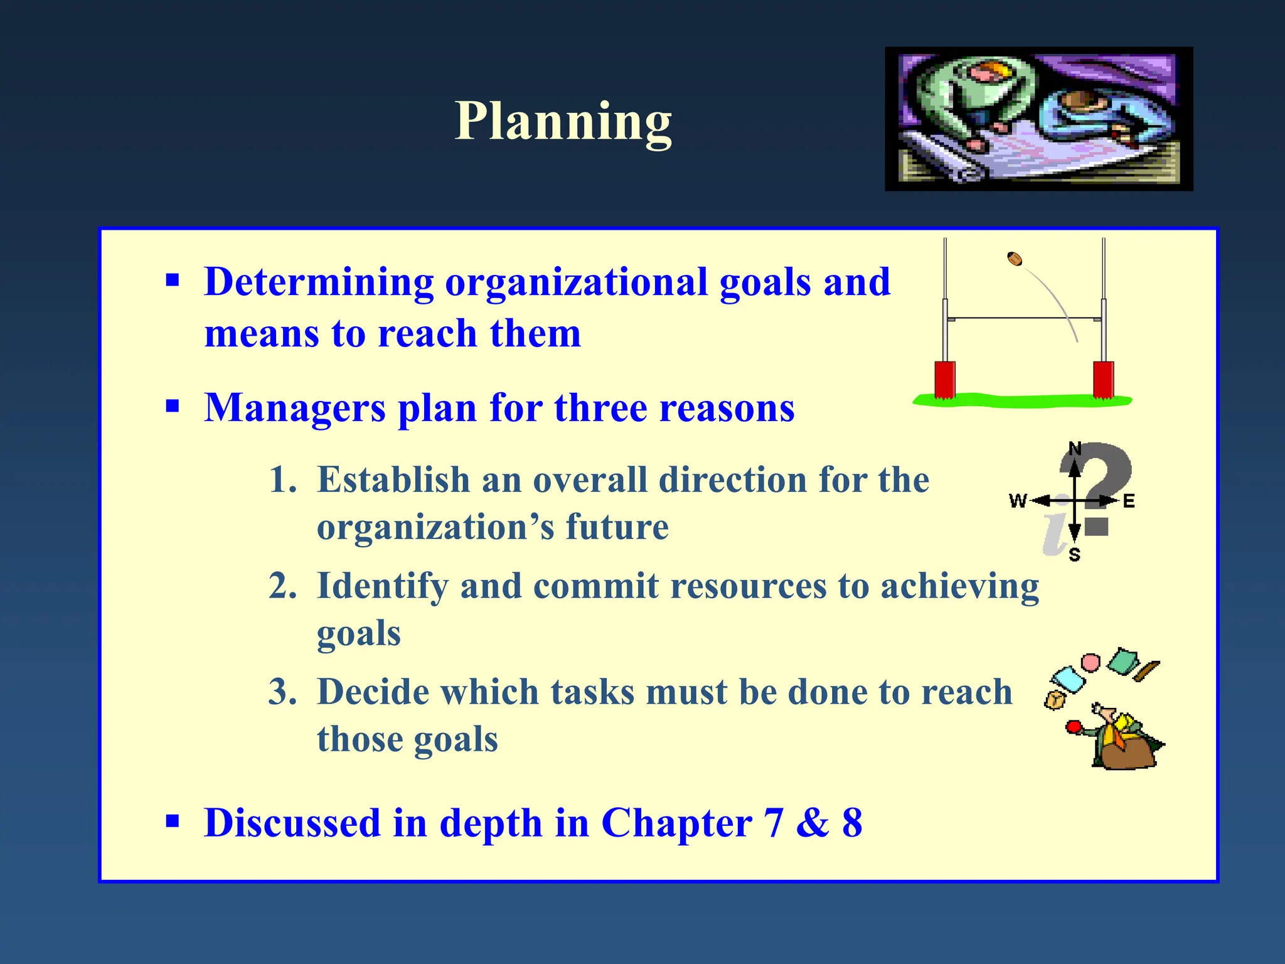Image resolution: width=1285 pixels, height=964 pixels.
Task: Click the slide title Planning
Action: (x=563, y=121)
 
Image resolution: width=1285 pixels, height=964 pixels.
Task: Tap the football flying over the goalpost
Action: (x=1015, y=259)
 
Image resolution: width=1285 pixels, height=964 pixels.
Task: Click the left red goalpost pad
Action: (x=944, y=379)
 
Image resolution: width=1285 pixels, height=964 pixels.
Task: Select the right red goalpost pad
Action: (x=1103, y=379)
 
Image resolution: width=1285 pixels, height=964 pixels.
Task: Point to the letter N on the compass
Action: (x=1075, y=448)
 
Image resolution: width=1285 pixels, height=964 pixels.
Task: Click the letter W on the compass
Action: (x=1018, y=501)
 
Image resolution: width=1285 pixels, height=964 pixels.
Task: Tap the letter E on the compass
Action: (x=1129, y=501)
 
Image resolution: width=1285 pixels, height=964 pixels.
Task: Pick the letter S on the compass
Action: (x=1074, y=555)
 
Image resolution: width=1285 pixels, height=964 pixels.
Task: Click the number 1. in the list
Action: (x=282, y=480)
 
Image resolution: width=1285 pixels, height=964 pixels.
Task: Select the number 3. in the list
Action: (x=282, y=692)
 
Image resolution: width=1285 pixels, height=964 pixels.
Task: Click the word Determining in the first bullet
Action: (x=319, y=282)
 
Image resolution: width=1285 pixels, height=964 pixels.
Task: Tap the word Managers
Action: (x=295, y=408)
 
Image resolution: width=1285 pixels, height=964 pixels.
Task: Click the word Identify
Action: (x=383, y=586)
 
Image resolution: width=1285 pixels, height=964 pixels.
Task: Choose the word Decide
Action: (x=366, y=692)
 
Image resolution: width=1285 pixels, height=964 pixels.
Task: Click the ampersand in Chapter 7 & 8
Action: (x=813, y=823)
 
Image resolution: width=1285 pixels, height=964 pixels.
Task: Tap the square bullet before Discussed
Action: (x=173, y=821)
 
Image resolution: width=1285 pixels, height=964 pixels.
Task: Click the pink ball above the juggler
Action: (x=1091, y=663)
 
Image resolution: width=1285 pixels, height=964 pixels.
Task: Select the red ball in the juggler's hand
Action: (x=1074, y=727)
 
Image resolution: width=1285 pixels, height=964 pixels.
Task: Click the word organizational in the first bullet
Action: (x=576, y=282)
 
